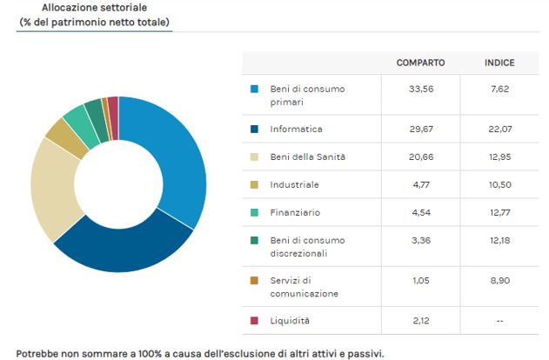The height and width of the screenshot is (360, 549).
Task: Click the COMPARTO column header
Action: pyautogui.click(x=420, y=63)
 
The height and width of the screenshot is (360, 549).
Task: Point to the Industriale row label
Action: pyautogui.click(x=295, y=184)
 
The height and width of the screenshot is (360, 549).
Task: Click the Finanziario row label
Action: pyautogui.click(x=296, y=212)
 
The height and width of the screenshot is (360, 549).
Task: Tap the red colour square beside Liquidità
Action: pyautogui.click(x=254, y=321)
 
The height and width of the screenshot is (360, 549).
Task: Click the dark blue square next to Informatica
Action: pyautogui.click(x=254, y=129)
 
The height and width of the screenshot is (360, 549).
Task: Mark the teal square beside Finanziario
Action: pyautogui.click(x=254, y=212)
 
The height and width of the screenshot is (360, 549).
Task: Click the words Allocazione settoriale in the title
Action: pyautogui.click(x=93, y=8)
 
